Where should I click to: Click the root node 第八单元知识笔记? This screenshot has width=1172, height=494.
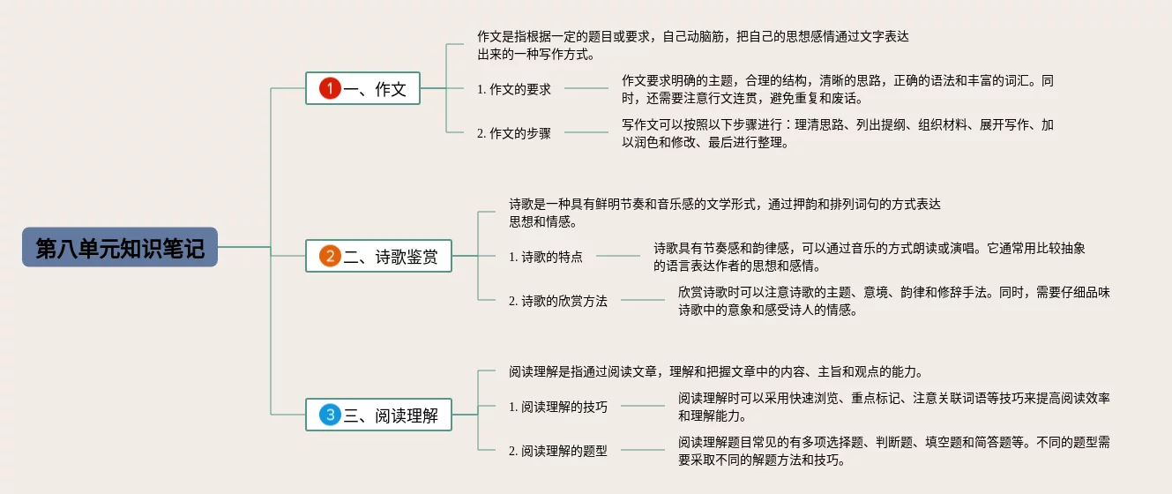click(x=120, y=248)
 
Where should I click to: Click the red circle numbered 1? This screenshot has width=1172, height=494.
click(x=329, y=89)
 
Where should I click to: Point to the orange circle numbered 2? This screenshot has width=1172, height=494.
click(x=329, y=257)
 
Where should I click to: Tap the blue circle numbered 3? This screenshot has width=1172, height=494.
click(x=329, y=415)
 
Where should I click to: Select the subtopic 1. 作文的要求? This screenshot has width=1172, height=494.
click(x=513, y=89)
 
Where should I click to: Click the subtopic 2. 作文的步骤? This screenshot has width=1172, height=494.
click(x=513, y=133)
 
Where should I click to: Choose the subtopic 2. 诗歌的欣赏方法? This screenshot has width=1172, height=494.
click(x=557, y=301)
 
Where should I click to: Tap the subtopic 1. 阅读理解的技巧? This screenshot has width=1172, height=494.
click(x=557, y=407)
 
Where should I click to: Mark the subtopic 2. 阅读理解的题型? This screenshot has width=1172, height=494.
click(x=557, y=451)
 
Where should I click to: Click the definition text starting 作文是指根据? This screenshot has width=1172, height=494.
click(x=692, y=45)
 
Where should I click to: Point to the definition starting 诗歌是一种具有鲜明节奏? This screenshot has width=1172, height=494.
click(x=724, y=213)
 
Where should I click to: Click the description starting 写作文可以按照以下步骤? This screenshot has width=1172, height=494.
click(x=837, y=133)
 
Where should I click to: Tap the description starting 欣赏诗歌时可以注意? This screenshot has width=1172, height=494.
click(x=893, y=301)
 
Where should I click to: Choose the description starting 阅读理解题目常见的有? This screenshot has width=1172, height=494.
click(x=893, y=451)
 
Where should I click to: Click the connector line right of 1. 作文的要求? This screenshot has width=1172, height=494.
click(x=586, y=88)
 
